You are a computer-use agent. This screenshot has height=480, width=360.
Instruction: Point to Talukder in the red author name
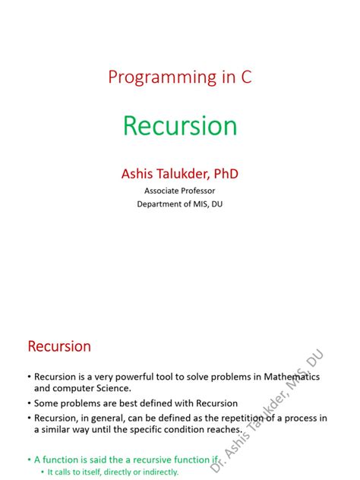(x=179, y=174)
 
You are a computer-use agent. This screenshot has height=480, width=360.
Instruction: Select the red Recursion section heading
(x=59, y=347)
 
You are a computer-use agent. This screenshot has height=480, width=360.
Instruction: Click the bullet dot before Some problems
(x=28, y=403)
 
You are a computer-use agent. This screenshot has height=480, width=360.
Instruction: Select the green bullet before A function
(x=28, y=459)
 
